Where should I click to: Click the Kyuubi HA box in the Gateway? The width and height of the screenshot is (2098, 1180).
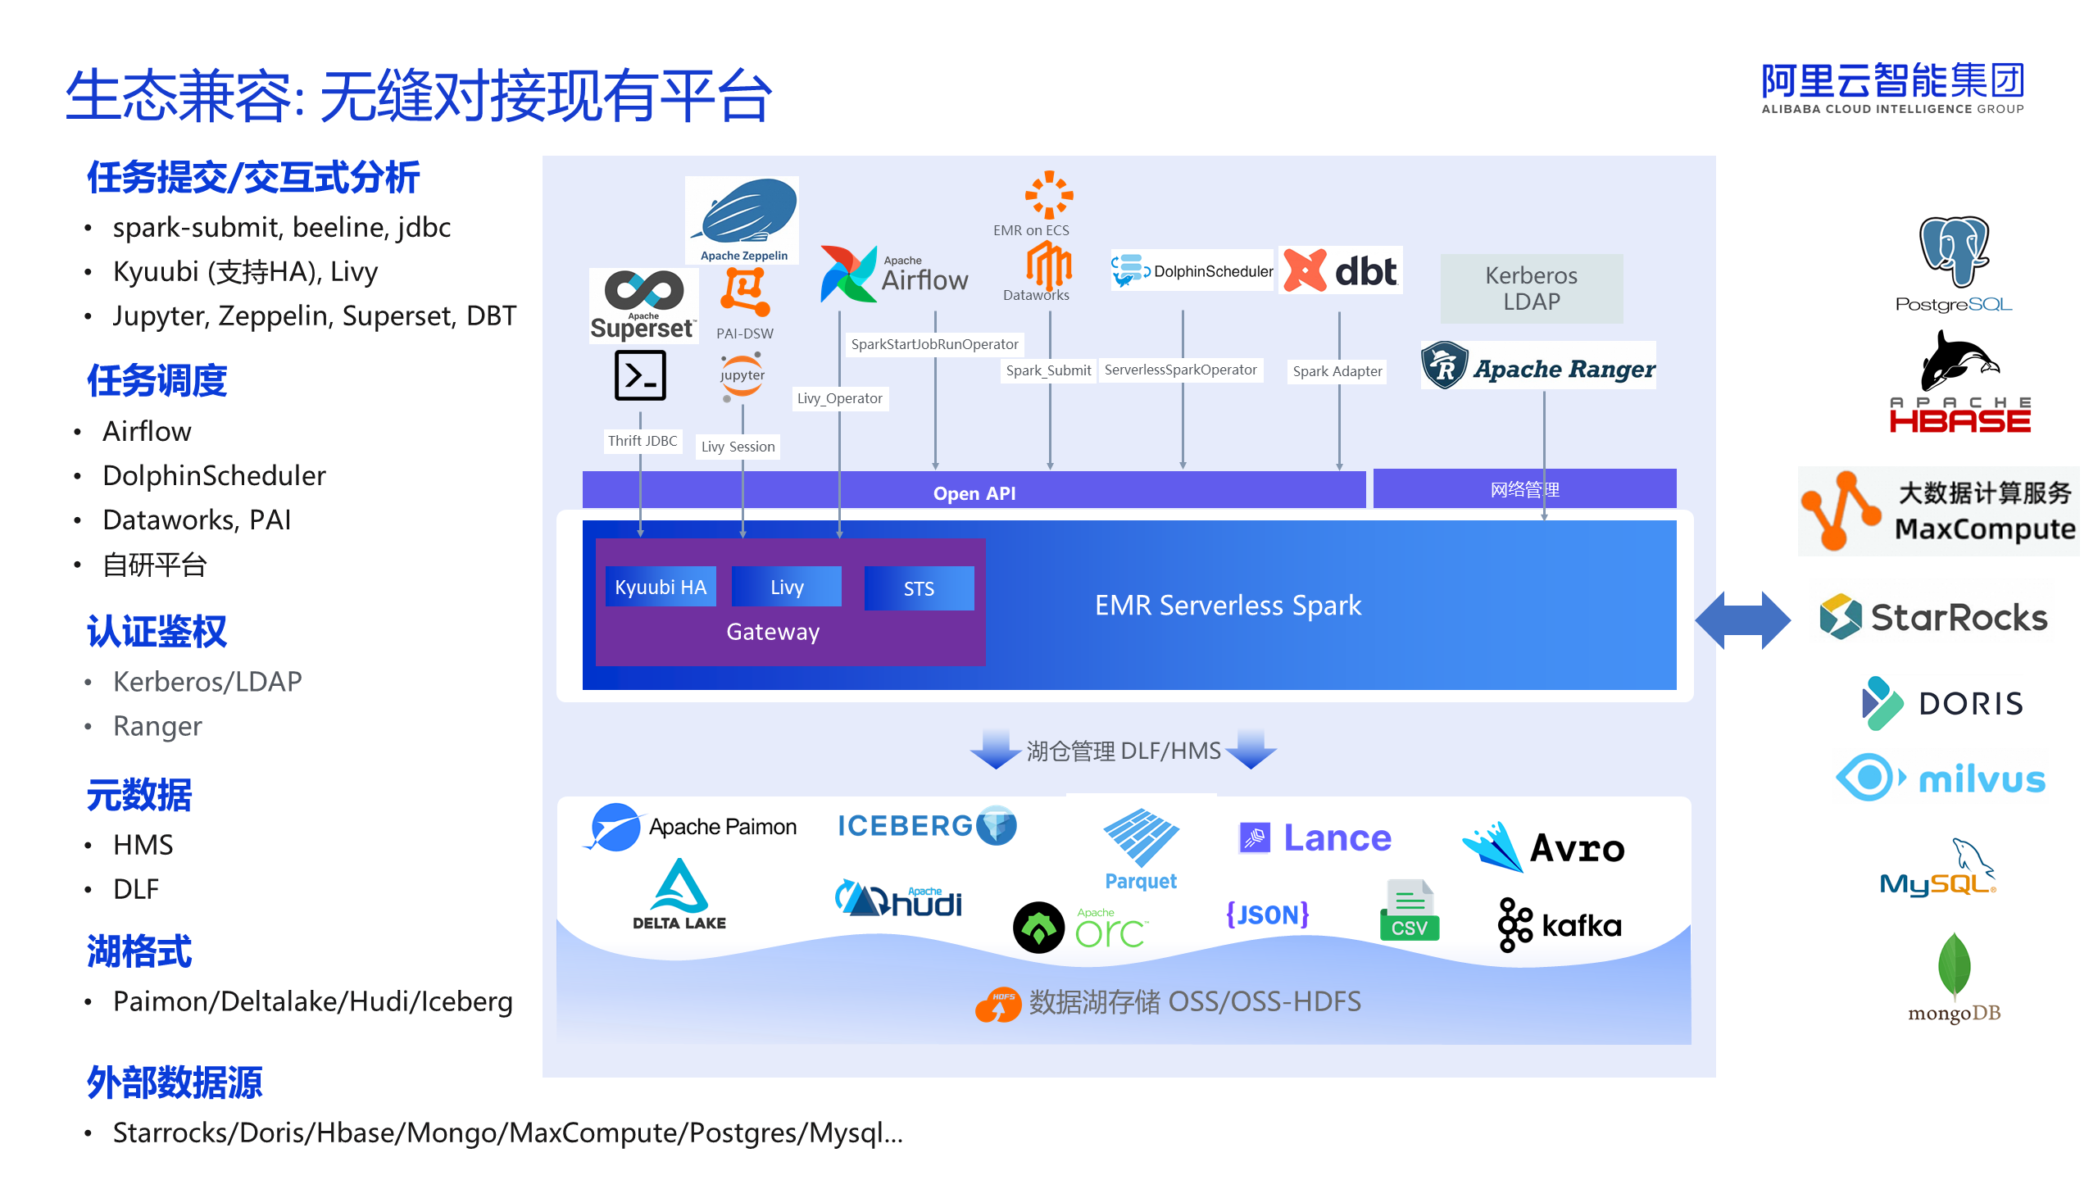[661, 587]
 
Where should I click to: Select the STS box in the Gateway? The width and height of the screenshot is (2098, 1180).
[919, 588]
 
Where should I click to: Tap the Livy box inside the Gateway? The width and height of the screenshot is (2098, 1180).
[787, 587]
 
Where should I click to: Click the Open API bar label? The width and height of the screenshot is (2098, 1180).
[974, 492]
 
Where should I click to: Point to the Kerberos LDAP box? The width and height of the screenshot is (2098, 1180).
[1531, 288]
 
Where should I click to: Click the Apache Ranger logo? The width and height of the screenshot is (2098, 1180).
[1537, 366]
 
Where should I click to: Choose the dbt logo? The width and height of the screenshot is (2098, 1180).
[1341, 270]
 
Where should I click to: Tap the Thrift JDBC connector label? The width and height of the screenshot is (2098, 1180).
[643, 441]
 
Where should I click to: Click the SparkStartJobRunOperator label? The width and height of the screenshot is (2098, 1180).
[934, 344]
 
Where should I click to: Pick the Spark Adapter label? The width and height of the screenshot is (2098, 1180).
[1337, 371]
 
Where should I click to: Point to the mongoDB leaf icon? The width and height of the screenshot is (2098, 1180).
[1954, 965]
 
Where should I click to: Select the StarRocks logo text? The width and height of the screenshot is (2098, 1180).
[1959, 617]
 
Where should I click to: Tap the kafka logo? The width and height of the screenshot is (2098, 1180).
[1560, 925]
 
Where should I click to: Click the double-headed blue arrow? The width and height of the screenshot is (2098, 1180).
[1742, 620]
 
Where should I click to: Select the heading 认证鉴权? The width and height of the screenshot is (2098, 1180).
[157, 631]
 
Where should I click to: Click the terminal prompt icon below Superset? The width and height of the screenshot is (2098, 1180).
[640, 375]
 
